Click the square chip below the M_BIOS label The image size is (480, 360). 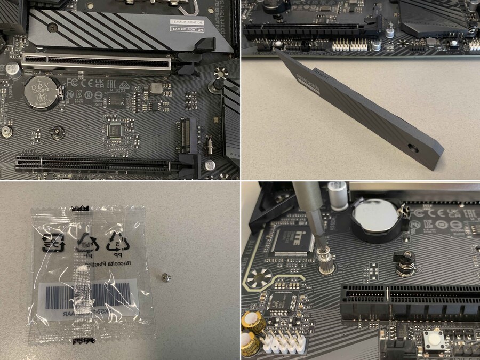tap(156, 88)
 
